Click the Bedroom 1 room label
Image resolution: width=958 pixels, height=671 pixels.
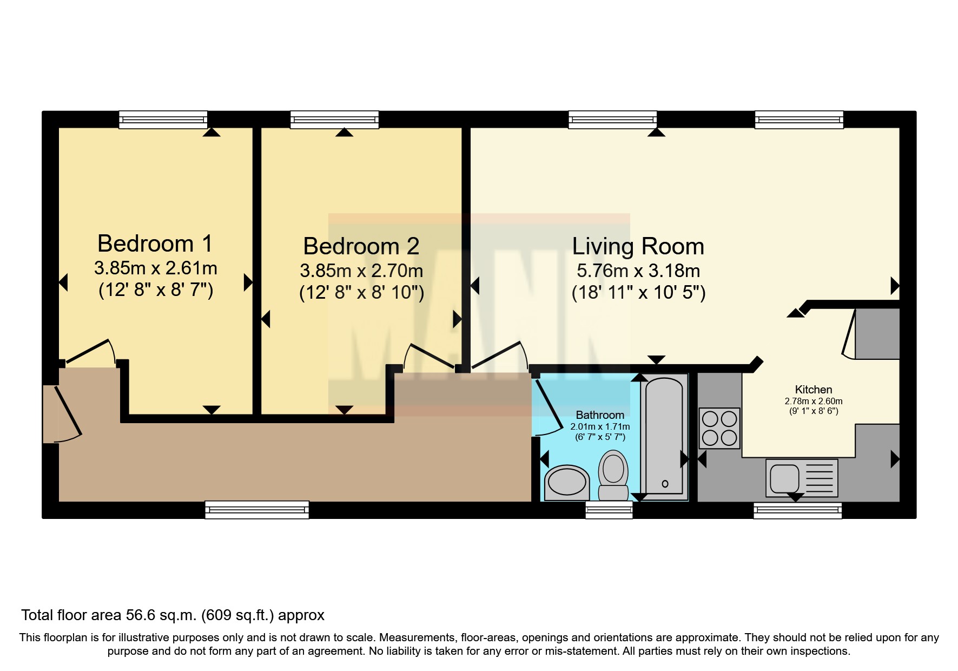point(155,244)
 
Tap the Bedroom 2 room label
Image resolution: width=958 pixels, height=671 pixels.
point(361,246)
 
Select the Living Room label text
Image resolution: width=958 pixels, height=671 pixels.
point(638,246)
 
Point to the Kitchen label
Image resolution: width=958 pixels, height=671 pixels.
point(814,390)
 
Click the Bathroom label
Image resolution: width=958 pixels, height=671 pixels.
point(600,415)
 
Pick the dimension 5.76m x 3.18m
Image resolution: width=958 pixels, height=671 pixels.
point(638,271)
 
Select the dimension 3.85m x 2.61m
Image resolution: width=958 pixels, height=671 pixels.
point(156,268)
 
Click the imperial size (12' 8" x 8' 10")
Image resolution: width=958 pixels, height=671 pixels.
point(361,293)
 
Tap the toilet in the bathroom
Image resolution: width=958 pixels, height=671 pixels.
point(613,476)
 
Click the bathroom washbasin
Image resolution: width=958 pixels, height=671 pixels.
point(567,483)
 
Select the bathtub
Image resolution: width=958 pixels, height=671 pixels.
point(664,438)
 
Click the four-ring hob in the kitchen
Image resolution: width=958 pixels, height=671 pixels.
point(719,428)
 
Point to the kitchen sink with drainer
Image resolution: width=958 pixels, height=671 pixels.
point(802,478)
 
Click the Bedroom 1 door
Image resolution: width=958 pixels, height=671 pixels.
point(90,352)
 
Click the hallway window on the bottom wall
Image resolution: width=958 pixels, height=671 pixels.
point(257,510)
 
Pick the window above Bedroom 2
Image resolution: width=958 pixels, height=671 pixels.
point(334,120)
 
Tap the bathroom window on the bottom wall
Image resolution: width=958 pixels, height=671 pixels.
point(609,510)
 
